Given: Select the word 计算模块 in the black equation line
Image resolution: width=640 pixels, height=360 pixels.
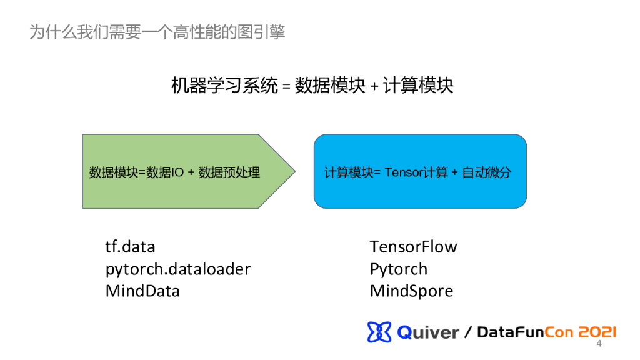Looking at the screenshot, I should pos(418,86).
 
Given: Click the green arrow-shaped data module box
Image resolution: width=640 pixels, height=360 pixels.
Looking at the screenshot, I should pos(181,171).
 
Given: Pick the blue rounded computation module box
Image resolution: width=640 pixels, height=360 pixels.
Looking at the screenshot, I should pos(419,171).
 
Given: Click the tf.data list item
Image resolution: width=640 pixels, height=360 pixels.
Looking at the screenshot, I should pos(130,247).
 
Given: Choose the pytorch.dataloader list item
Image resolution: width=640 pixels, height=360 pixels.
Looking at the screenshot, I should pos(178,269).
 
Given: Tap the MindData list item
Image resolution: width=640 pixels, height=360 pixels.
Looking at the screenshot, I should pos(142,291).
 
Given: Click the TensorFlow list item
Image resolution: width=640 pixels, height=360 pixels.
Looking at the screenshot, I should pos(413,247).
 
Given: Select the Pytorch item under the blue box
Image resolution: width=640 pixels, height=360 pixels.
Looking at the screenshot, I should pos(399,269).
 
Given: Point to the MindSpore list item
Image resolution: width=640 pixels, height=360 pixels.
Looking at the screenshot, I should pos(411,291).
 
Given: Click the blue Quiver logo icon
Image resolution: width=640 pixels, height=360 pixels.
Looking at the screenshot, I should pos(379,332).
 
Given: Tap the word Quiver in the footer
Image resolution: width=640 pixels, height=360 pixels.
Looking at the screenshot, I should pos(428,332).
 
